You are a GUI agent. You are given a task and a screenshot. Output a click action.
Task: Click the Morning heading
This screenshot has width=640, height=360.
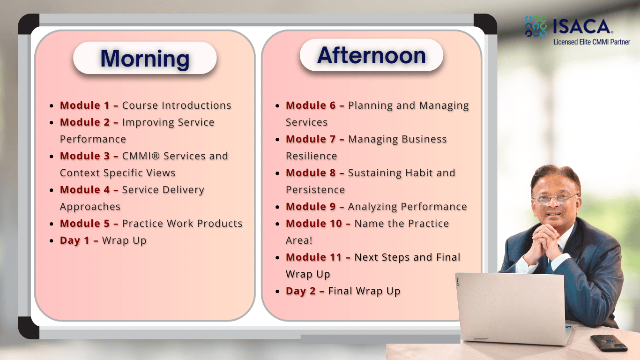tap(145, 59)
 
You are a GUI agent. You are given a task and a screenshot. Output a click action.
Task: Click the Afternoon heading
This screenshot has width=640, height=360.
tap(372, 55)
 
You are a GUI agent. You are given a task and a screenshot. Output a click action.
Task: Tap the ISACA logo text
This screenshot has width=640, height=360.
tap(581, 26)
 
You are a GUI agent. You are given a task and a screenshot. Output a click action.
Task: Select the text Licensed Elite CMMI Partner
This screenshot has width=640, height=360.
tap(592, 42)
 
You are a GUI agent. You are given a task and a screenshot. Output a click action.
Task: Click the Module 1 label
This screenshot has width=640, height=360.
tap(85, 105)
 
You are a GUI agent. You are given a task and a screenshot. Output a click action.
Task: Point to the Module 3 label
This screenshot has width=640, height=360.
tap(85, 156)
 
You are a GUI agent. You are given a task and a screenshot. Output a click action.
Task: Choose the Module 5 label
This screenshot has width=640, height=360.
tap(85, 223)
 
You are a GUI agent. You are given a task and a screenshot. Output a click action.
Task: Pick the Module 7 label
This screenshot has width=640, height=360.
tap(311, 139)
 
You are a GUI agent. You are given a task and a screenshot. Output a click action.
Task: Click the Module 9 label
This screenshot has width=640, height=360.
tap(311, 206)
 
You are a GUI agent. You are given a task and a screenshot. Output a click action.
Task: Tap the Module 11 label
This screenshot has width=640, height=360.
tap(314, 257)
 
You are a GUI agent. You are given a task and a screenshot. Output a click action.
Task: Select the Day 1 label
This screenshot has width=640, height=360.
tap(74, 240)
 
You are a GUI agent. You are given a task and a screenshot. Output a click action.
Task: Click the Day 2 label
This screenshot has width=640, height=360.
tap(301, 291)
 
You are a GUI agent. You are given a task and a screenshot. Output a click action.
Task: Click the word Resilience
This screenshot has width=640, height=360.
tap(312, 156)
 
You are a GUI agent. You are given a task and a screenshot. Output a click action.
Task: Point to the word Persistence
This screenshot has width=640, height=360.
tap(315, 189)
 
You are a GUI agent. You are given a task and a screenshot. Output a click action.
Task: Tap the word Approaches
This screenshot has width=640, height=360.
tap(90, 207)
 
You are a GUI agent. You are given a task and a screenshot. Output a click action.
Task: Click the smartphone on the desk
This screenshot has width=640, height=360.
tap(609, 343)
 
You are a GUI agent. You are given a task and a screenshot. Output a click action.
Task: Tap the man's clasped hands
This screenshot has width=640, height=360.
tap(544, 240)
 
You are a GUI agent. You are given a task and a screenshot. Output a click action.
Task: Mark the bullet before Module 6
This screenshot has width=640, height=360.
tap(277, 106)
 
